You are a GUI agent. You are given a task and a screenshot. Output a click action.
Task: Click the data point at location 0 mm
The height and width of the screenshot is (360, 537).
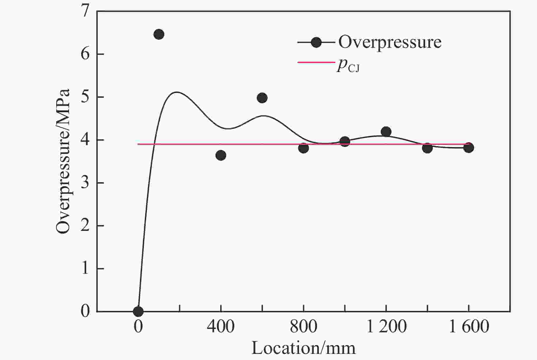coord(138,311)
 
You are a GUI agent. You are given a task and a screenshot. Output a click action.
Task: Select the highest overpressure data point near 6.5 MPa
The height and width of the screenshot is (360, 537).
coord(159,34)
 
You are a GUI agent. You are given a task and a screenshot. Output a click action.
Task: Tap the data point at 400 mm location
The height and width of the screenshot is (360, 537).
coord(221,155)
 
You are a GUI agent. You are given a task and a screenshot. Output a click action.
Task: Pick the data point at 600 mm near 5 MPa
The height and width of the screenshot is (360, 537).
coord(262,98)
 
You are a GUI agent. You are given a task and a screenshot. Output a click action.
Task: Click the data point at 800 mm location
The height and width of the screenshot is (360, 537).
coord(304,148)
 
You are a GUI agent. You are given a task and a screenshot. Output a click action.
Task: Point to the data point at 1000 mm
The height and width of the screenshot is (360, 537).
coord(345,142)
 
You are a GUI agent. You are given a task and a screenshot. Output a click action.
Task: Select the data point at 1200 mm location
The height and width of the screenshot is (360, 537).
coord(386,132)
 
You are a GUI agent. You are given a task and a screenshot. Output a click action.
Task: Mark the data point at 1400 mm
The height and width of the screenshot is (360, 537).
coord(427,148)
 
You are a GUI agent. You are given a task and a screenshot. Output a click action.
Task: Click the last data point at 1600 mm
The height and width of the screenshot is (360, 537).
coord(469,147)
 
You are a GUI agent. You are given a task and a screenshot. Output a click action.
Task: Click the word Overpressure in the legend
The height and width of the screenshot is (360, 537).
coord(390,42)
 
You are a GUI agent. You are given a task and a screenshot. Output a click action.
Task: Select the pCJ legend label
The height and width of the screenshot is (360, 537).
coord(348,66)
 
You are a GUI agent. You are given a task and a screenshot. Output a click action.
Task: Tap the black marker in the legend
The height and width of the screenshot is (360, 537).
coord(316,42)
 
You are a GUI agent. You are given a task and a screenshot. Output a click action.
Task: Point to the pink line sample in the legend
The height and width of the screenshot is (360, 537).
coord(316,62)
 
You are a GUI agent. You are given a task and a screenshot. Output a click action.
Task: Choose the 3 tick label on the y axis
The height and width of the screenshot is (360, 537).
coord(85,183)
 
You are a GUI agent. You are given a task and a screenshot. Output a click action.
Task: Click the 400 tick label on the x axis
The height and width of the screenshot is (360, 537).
coord(221,327)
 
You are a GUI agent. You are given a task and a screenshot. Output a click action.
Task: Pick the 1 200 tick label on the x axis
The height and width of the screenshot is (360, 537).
coord(386,327)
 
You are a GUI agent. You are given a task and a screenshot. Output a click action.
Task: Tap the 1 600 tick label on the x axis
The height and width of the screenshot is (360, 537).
coord(469,327)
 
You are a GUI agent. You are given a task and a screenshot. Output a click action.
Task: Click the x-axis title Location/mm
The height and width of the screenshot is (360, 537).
coord(304,348)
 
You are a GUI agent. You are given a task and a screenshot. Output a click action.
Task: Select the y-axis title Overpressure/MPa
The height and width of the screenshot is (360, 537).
coord(63,161)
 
